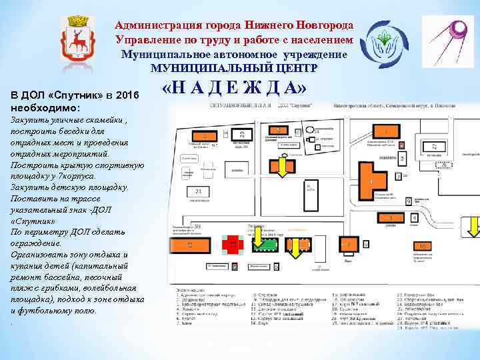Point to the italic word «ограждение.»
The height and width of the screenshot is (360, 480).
[37, 243]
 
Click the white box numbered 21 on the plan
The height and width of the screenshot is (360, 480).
[200, 191]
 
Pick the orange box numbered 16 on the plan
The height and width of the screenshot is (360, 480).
[423, 247]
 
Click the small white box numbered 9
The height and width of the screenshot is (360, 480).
[409, 201]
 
